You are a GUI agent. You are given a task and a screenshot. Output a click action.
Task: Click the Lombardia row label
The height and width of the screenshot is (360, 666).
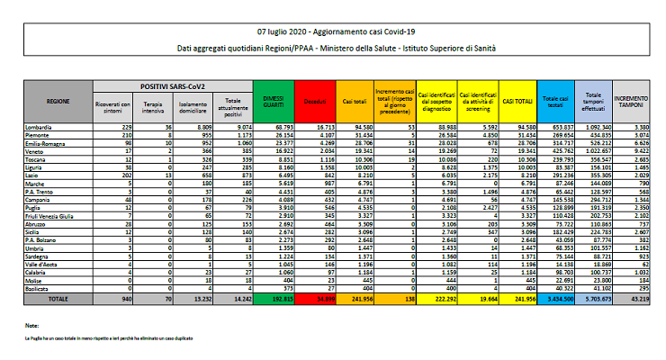tap(40, 127)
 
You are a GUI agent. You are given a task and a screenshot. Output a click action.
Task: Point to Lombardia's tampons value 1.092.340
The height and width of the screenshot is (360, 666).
tap(591, 127)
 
